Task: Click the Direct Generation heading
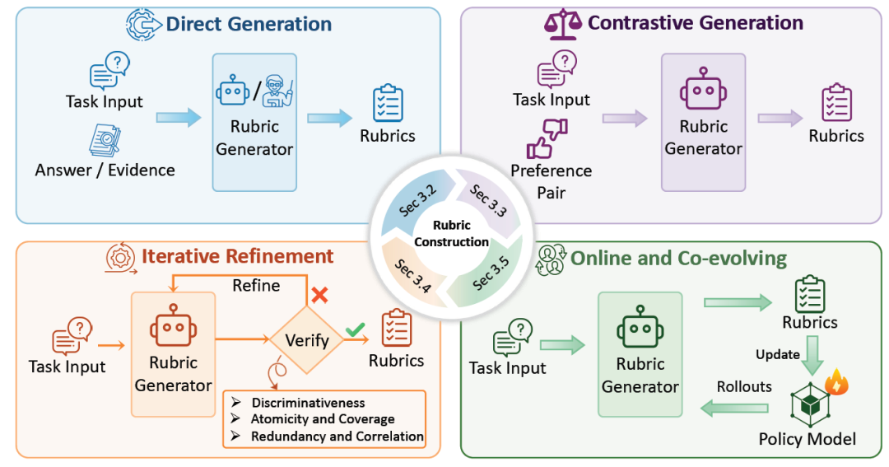249,24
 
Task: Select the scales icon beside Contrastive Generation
563,24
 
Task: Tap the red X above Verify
319,295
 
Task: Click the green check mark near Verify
356,329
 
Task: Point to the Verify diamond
307,340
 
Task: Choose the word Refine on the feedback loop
256,286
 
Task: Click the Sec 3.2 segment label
418,201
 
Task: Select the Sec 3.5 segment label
491,273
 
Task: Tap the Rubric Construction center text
451,233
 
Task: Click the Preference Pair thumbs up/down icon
547,138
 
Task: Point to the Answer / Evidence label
105,170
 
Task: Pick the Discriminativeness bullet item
309,403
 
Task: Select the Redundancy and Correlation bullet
337,437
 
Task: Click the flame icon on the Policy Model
837,381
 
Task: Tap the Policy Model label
808,439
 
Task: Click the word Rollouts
744,386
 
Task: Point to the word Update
777,354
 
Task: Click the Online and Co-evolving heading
678,258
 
